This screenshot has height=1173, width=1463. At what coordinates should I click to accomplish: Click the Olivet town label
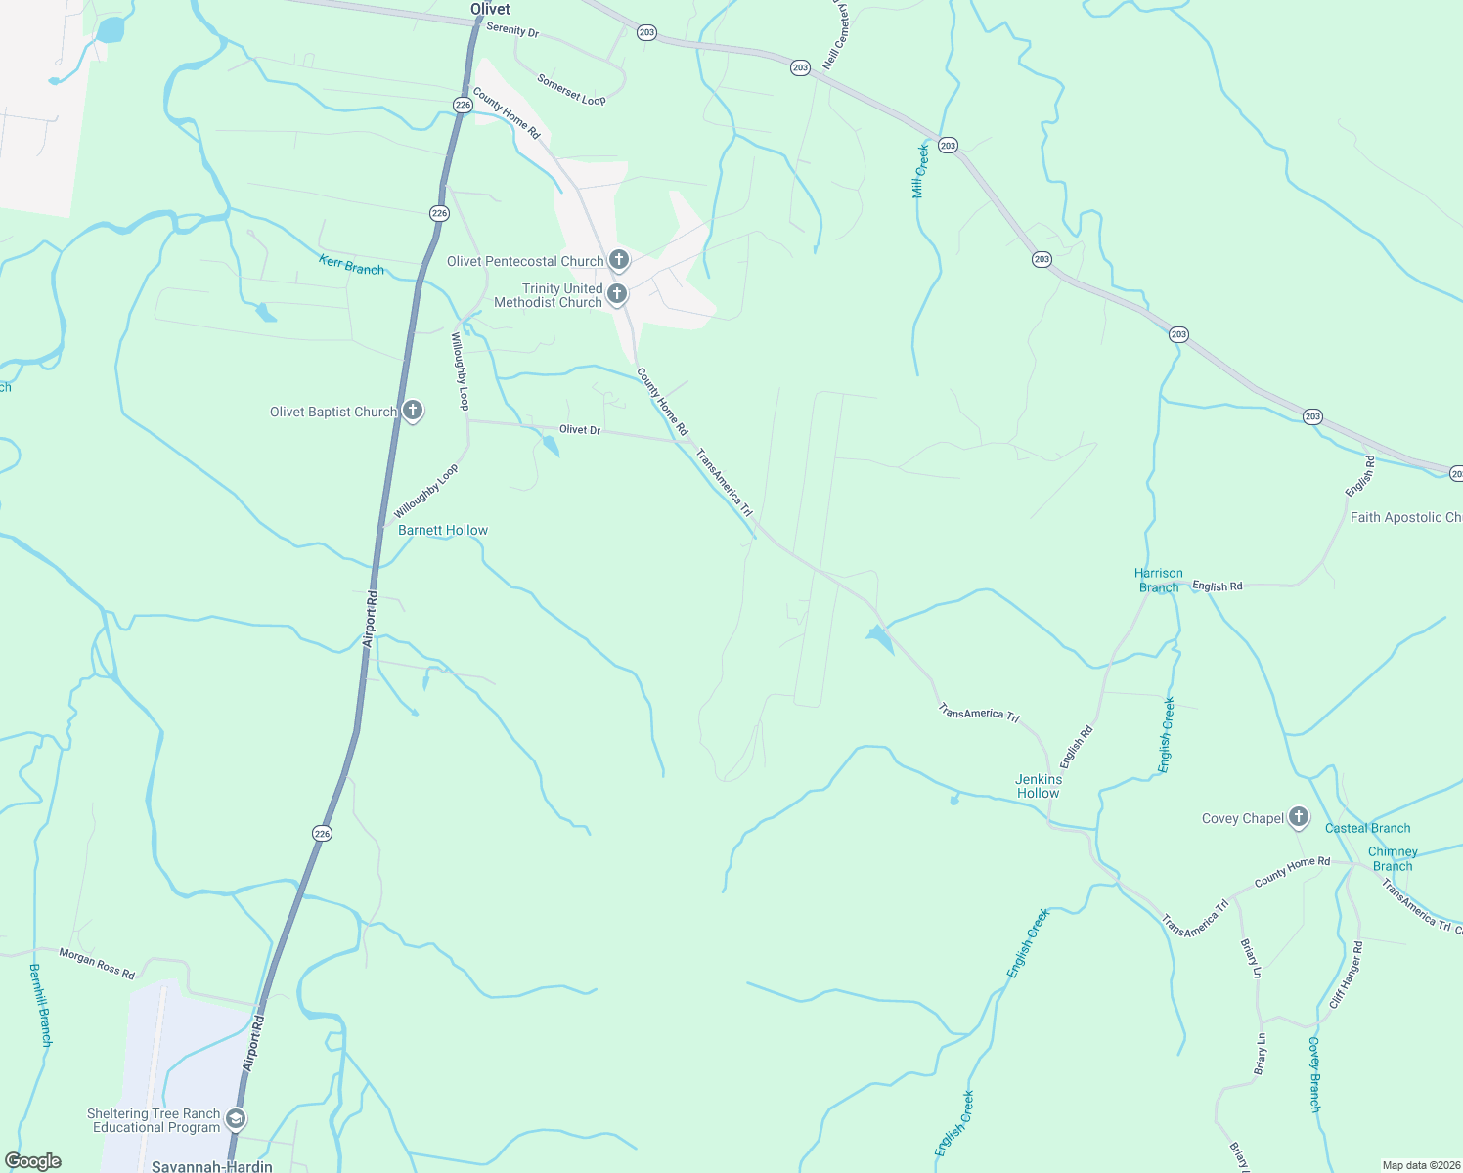click(x=490, y=9)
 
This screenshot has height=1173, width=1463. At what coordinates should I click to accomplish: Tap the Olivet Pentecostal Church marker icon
click(x=618, y=260)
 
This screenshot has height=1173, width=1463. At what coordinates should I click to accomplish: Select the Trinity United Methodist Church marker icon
click(x=617, y=293)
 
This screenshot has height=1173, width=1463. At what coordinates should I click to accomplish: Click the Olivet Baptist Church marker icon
click(x=413, y=411)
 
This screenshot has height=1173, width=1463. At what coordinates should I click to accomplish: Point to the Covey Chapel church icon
click(x=1298, y=816)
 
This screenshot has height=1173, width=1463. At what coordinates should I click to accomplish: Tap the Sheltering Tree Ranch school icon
click(x=235, y=1118)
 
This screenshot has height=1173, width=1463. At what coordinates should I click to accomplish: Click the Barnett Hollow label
click(x=443, y=530)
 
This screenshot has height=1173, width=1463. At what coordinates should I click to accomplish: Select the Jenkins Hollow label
click(x=1038, y=786)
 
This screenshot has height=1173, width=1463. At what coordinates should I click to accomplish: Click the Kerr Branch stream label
click(x=351, y=264)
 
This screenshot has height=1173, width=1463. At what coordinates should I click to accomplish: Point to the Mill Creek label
click(x=919, y=171)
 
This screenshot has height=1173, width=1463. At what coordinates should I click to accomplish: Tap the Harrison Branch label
click(x=1159, y=580)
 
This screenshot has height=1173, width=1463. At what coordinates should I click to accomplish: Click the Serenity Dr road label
click(x=512, y=29)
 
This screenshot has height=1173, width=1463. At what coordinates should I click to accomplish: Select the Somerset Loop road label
click(x=571, y=91)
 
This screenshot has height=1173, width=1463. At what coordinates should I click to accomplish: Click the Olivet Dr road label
click(x=580, y=429)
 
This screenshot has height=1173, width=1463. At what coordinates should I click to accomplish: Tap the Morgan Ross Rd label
click(x=97, y=963)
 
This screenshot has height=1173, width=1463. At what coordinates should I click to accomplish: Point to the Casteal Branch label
click(x=1367, y=828)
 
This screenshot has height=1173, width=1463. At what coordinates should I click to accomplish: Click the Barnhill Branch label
click(x=40, y=1005)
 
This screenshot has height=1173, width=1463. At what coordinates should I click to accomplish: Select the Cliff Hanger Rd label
click(x=1346, y=975)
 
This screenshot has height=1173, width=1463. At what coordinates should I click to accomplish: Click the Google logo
click(x=33, y=1161)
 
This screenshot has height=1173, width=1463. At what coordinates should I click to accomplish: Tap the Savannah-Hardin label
click(x=212, y=1166)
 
